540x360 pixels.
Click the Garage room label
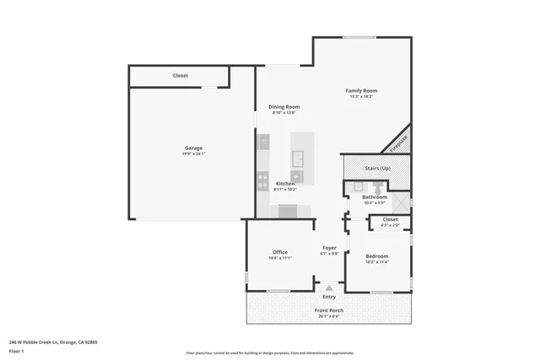tap(193, 148)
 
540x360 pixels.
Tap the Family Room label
tap(360, 90)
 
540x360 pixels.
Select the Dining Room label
tap(283, 106)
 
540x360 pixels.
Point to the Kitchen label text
tap(285, 183)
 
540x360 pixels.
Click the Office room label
tap(280, 252)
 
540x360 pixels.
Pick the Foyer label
tap(329, 248)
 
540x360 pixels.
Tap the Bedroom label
tap(376, 255)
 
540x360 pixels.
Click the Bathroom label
tap(374, 196)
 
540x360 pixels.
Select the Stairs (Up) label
tap(377, 168)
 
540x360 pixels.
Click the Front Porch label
tap(330, 310)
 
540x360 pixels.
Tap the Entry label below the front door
tap(329, 297)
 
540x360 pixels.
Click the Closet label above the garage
tap(181, 76)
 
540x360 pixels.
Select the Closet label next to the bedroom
tap(390, 219)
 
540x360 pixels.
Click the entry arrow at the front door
tap(329, 287)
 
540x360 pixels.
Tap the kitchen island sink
tap(298, 157)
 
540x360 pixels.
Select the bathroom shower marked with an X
tap(401, 202)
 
